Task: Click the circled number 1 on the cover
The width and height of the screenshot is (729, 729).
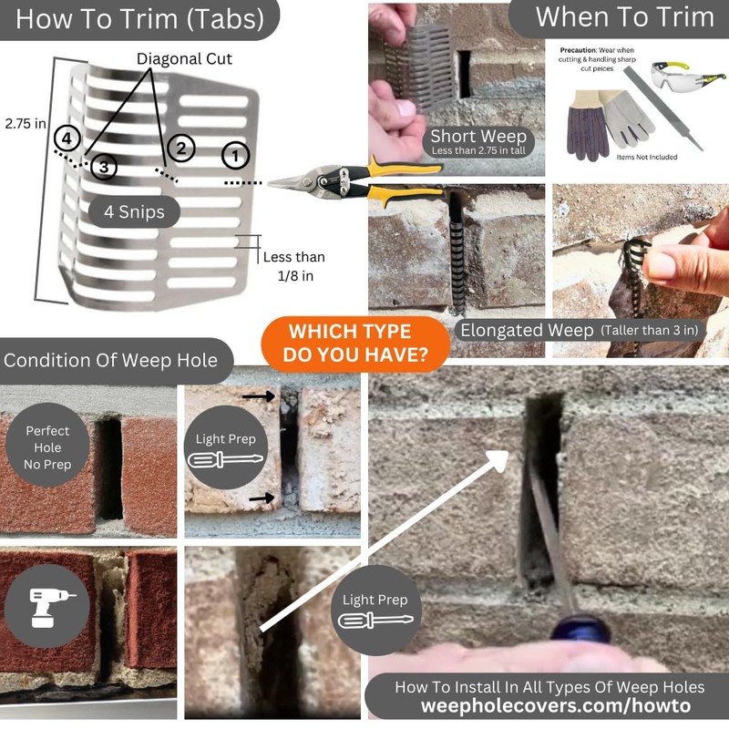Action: pyautogui.click(x=235, y=155)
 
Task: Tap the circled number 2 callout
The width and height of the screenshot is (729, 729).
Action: pyautogui.click(x=180, y=149)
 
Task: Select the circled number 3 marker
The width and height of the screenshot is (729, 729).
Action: pyautogui.click(x=104, y=167)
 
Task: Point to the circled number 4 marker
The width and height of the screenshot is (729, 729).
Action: pyautogui.click(x=67, y=139)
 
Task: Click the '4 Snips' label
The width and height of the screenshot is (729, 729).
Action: pyautogui.click(x=134, y=212)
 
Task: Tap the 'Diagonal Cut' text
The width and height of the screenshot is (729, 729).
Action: pyautogui.click(x=184, y=59)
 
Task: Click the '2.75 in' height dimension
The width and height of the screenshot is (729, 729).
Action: pyautogui.click(x=26, y=124)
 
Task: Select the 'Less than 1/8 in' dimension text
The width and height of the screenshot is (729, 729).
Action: pyautogui.click(x=294, y=266)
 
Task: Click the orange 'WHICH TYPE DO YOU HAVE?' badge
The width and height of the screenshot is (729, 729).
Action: pyautogui.click(x=355, y=344)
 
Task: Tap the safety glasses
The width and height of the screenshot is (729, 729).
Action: pyautogui.click(x=687, y=76)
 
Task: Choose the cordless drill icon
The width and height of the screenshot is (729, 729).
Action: pyautogui.click(x=50, y=608)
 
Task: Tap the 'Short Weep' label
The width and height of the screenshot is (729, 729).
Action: pyautogui.click(x=478, y=136)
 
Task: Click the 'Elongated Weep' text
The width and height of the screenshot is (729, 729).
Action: pyautogui.click(x=527, y=330)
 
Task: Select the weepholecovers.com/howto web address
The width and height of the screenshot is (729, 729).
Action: pyautogui.click(x=556, y=705)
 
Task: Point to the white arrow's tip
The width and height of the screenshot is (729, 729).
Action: pyautogui.click(x=508, y=452)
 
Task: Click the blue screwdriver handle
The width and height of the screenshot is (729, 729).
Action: pyautogui.click(x=580, y=628)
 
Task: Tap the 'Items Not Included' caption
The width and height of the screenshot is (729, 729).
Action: pyautogui.click(x=647, y=157)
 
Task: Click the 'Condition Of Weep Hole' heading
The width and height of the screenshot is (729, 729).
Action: pyautogui.click(x=110, y=360)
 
